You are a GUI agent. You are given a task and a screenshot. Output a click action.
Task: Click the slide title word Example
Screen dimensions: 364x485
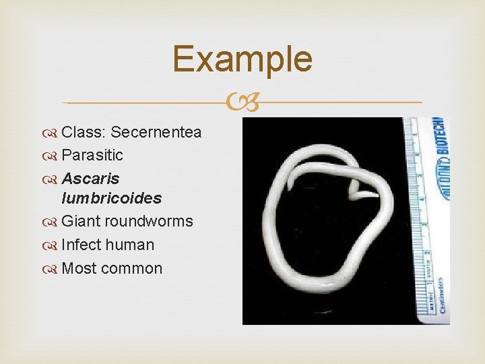pos(242,59)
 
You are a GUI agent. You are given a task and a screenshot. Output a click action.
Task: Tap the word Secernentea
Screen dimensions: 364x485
pos(156,132)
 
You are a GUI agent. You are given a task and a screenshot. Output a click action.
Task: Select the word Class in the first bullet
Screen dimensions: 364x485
pos(83,132)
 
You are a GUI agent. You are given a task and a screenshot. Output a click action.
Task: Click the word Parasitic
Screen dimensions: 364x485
pos(92,155)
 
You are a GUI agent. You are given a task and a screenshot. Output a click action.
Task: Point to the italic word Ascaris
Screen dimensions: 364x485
pos(90,179)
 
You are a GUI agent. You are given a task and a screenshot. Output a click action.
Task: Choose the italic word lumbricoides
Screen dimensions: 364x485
pos(111,198)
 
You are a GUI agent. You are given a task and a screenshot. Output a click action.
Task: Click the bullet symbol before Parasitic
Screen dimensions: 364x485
pos(53,156)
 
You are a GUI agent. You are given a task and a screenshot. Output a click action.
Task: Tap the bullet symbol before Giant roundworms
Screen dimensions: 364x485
pos(53,222)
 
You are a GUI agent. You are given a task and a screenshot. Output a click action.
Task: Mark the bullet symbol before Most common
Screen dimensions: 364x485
pos(53,269)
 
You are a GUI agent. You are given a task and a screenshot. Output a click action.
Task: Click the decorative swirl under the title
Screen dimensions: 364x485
pos(242,102)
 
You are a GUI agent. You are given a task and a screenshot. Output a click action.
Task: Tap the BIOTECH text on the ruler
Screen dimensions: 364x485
pos(440,146)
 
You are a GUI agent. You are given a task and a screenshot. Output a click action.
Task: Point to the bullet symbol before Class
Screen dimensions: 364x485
pos(53,133)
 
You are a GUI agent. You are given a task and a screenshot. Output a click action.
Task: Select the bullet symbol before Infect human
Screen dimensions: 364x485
pos(53,245)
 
